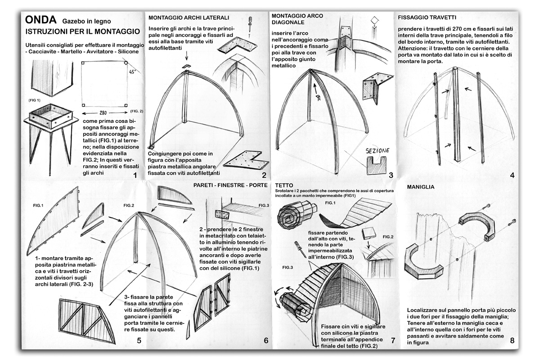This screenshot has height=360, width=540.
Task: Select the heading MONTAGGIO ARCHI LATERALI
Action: (x=189, y=18)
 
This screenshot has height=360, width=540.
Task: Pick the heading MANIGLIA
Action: (x=421, y=186)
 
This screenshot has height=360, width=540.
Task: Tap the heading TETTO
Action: (x=284, y=185)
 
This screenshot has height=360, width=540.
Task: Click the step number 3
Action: (x=391, y=175)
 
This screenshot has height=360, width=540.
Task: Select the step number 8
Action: (x=512, y=341)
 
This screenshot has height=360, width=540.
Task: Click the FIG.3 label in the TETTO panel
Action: (x=288, y=267)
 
